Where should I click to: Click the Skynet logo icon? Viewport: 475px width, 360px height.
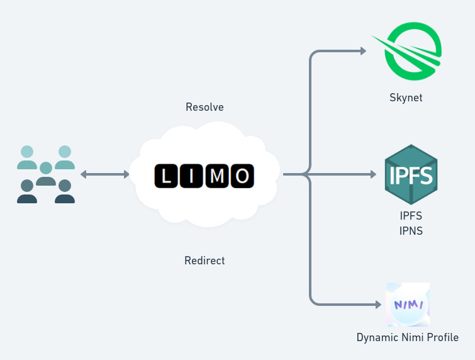click(412, 53)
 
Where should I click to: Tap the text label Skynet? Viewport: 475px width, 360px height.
click(406, 98)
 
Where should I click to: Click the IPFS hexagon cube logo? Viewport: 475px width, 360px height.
click(411, 174)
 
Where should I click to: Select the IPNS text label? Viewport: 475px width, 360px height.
click(411, 231)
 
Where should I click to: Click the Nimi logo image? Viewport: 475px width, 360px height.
click(408, 305)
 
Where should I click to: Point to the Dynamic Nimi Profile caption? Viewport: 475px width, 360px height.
click(407, 337)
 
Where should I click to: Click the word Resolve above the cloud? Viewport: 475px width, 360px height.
click(204, 107)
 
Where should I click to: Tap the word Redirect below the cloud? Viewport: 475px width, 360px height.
click(204, 260)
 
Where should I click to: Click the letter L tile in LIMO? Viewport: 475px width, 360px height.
click(166, 176)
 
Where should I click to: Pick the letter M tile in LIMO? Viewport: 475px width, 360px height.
click(216, 176)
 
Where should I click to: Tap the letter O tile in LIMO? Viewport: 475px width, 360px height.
click(242, 176)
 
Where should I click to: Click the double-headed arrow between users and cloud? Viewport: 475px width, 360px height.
click(105, 174)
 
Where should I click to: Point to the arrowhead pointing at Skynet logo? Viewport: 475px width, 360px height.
click(363, 51)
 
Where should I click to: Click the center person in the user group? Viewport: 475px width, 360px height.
click(46, 174)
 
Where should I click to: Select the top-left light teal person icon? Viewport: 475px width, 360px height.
click(27, 157)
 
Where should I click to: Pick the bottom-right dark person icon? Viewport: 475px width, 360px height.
click(65, 192)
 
